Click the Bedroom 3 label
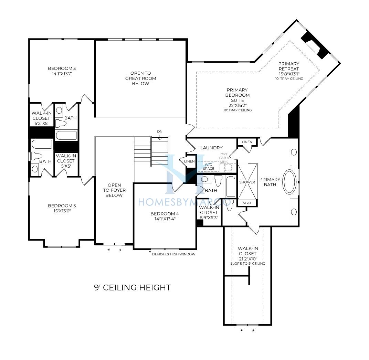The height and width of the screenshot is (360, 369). [x=62, y=68]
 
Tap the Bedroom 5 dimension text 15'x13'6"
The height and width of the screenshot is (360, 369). [x=62, y=211]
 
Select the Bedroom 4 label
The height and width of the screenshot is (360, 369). [x=165, y=214]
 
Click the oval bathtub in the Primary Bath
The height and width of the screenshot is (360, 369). [x=289, y=182]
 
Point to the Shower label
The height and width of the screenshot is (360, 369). [x=247, y=182]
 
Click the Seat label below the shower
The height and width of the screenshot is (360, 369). [x=247, y=203]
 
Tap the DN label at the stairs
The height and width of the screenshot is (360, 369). [x=160, y=131]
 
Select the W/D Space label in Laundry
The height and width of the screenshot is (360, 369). [x=209, y=167]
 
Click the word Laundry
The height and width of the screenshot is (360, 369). [x=211, y=148]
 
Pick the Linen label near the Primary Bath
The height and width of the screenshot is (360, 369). [x=247, y=142]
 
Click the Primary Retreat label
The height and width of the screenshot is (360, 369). [x=289, y=66]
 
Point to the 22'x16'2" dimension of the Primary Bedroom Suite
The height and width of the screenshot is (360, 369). [x=238, y=105]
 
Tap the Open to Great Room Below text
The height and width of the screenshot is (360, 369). [x=140, y=78]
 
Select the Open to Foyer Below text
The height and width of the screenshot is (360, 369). [x=114, y=190]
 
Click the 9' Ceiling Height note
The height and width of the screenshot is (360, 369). [x=132, y=287]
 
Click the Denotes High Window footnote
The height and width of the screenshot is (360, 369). [x=174, y=254]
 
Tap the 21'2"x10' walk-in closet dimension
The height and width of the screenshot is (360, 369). [x=247, y=258]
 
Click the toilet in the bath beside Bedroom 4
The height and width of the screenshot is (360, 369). [x=218, y=180]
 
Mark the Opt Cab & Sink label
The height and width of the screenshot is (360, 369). [x=224, y=158]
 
